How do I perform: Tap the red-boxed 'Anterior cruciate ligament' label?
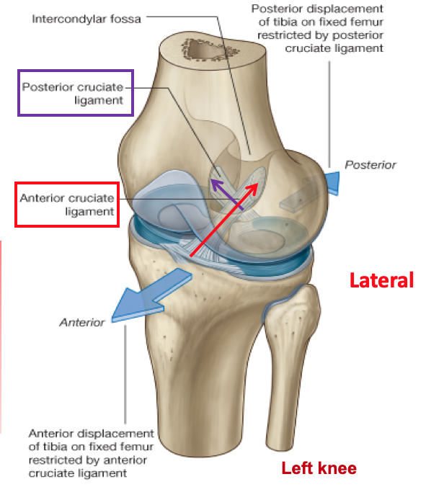point(66,205)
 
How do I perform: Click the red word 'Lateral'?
point(381,280)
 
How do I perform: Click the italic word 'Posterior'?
point(370,165)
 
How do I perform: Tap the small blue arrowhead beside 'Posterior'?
point(334,183)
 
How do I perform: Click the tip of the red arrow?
point(256,185)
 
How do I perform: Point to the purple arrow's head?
point(213,183)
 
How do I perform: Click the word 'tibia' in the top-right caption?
point(271,22)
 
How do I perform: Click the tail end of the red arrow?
point(190,256)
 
